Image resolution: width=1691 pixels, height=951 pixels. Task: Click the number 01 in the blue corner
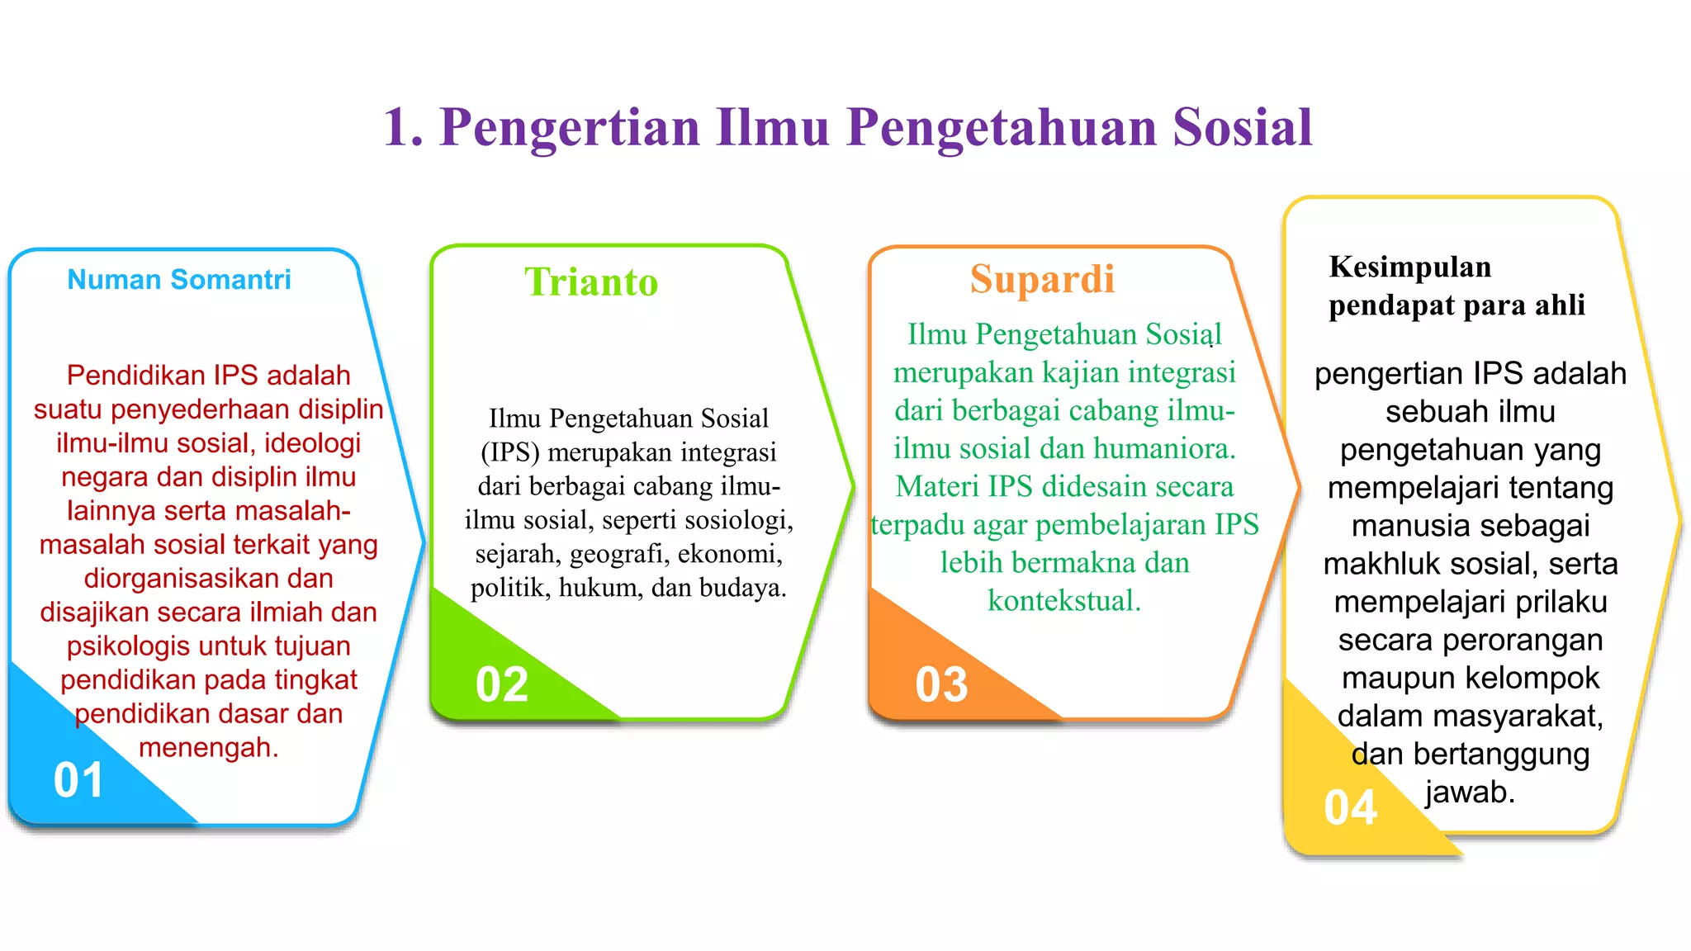(x=78, y=780)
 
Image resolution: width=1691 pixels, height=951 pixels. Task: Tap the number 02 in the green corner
(x=502, y=684)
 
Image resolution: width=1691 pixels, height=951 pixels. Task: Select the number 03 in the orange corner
(x=941, y=684)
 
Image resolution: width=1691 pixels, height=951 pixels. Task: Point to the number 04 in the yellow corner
(x=1350, y=807)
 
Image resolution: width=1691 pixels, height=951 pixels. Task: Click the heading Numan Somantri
(x=179, y=280)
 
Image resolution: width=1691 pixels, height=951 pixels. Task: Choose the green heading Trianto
(x=591, y=282)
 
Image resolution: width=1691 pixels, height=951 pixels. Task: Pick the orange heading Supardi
(x=1042, y=279)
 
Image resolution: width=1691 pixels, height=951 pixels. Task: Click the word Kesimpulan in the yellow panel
(x=1410, y=267)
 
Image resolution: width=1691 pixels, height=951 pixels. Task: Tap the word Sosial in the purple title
(x=1242, y=128)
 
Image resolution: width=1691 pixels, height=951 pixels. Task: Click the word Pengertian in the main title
(x=570, y=128)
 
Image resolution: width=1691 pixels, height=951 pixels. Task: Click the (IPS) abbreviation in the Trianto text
(x=509, y=452)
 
